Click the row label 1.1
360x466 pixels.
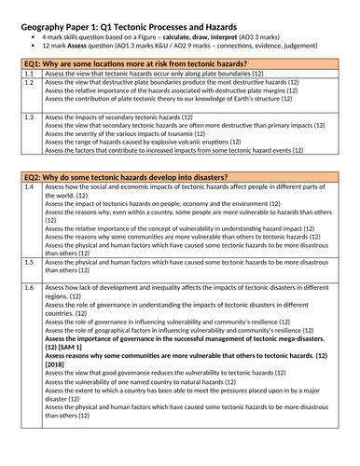tap(29, 72)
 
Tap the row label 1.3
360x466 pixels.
tap(29, 116)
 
